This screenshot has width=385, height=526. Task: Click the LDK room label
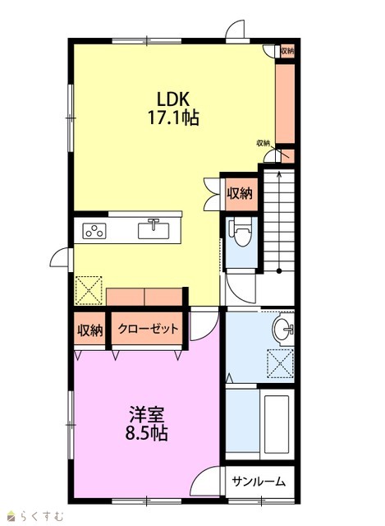(173, 99)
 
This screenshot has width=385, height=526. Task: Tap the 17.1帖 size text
(173, 118)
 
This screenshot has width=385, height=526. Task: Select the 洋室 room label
(146, 414)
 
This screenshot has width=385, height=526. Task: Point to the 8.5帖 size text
(146, 433)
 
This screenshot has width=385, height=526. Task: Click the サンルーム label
(259, 482)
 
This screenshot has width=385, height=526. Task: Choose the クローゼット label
(148, 329)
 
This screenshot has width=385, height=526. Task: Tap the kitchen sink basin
(154, 230)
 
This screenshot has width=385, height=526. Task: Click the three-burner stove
(94, 231)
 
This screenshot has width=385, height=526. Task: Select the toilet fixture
(240, 233)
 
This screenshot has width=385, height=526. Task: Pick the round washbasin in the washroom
(282, 329)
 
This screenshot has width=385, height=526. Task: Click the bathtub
(277, 424)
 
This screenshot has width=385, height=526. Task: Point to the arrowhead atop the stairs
(279, 173)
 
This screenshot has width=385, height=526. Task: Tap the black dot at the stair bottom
(279, 270)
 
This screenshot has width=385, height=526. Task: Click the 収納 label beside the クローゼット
(89, 330)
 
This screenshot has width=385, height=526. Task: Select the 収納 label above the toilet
(240, 193)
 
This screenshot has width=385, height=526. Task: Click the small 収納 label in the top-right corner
(287, 51)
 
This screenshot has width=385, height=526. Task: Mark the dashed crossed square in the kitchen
(89, 290)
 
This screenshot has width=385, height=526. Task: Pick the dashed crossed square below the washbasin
(280, 363)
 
